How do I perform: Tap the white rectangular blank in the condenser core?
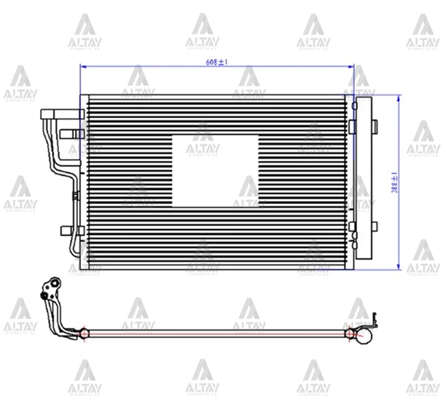tap(215, 170)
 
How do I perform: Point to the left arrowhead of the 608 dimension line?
tap(83, 67)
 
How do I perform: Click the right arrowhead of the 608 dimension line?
tap(350, 67)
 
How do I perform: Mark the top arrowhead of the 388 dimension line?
tap(399, 98)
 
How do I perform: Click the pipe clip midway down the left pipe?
tap(74, 196)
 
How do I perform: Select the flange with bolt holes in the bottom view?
tap(51, 288)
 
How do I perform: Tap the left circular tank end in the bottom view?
tap(84, 332)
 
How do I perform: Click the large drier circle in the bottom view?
tap(364, 336)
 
